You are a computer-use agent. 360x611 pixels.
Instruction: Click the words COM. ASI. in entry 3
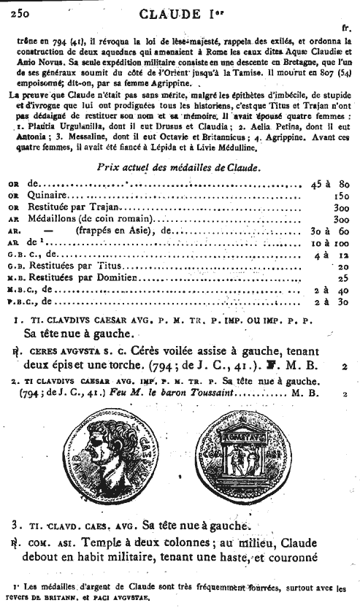[x=45, y=544]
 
